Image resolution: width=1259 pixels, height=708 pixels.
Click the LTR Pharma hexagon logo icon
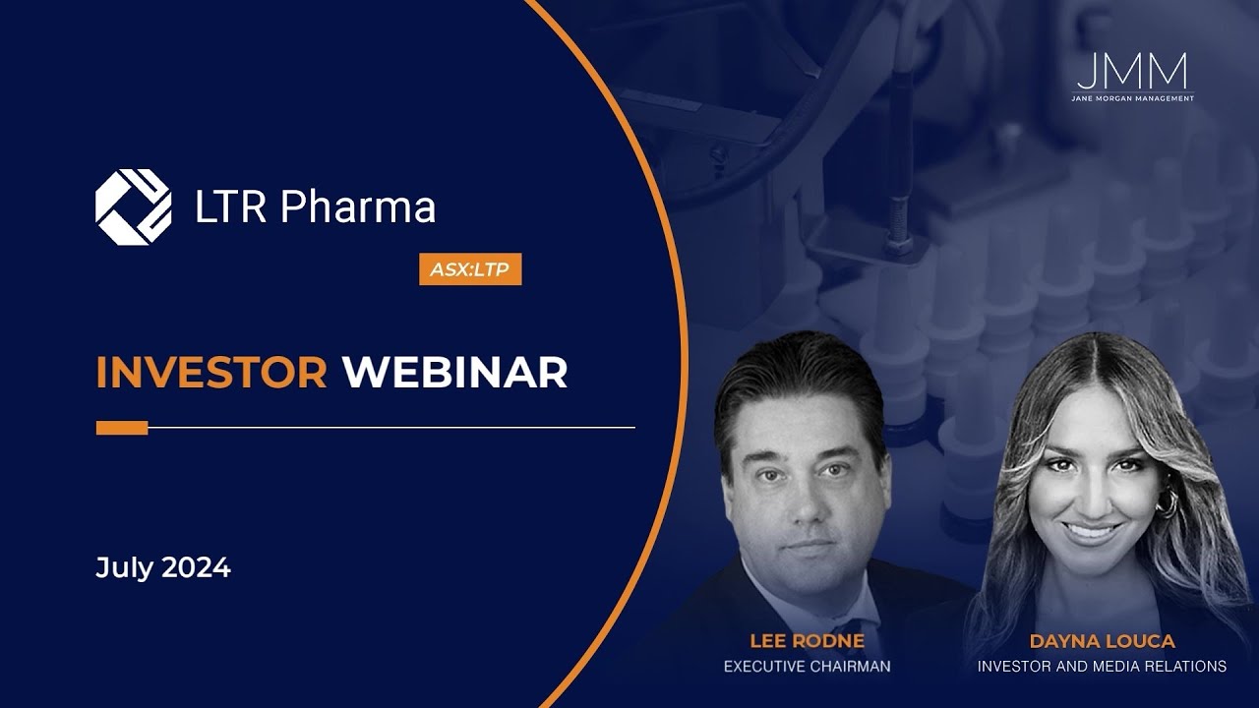coord(133,206)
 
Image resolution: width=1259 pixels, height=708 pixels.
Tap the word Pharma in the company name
coord(357,207)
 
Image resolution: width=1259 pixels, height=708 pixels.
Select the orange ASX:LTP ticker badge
coord(470,268)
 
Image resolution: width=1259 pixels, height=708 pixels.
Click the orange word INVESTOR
coord(211,373)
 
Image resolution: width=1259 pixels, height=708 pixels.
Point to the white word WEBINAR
coord(454,373)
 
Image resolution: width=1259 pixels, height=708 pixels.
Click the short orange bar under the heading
coord(122,428)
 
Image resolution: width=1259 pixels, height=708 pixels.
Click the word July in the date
coord(125,567)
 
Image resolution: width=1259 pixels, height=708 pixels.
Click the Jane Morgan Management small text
coord(1132,98)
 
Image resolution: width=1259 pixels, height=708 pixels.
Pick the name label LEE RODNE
coord(807,641)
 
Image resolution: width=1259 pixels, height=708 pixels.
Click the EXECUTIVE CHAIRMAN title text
coord(807,667)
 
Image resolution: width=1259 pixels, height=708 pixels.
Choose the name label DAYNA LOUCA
coord(1102,641)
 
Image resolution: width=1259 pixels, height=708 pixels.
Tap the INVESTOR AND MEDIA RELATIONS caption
coord(1102,667)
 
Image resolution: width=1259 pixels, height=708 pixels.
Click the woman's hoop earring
coord(1167,502)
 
